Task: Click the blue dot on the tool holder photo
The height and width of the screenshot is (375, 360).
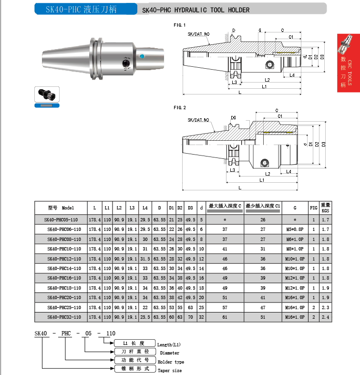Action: pos(141,56)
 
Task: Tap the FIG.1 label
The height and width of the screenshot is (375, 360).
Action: pos(180,25)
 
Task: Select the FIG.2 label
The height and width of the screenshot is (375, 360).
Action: pos(180,107)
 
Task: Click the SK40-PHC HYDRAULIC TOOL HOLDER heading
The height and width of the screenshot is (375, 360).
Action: pos(196,10)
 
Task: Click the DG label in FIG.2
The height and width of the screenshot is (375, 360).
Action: pos(233,117)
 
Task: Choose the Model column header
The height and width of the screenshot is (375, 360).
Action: pos(62,208)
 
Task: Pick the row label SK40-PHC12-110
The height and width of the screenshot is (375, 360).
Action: pos(62,258)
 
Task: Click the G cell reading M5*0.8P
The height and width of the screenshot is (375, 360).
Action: pos(295,229)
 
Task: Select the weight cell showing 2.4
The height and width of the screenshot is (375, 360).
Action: pos(325,317)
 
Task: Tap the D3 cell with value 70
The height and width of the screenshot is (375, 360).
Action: pos(190,317)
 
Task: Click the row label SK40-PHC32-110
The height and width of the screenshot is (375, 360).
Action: pos(62,317)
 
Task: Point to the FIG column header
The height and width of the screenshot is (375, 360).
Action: pos(313,208)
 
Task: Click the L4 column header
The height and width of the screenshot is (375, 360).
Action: pos(144,208)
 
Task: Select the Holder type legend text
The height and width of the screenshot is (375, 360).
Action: pos(171,362)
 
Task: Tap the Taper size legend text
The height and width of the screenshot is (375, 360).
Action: pos(170,370)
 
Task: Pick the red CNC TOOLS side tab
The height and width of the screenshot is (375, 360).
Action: pos(348,67)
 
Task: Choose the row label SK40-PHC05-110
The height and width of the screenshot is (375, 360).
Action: pos(62,219)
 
